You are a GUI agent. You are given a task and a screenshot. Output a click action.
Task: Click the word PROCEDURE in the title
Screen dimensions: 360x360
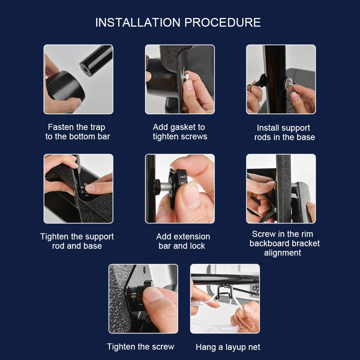(x=222, y=22)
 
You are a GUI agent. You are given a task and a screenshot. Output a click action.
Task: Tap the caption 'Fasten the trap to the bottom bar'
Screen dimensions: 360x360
(x=78, y=132)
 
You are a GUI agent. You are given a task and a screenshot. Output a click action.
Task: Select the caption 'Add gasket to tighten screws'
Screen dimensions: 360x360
(x=180, y=132)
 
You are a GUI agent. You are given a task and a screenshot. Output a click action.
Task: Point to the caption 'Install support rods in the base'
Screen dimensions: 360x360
(x=284, y=132)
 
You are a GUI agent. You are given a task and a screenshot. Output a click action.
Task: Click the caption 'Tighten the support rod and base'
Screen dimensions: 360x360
(x=77, y=241)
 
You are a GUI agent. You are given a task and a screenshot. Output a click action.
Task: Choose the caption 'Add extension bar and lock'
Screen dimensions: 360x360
(x=183, y=241)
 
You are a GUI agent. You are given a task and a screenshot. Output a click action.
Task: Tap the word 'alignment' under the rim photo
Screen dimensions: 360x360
(x=282, y=253)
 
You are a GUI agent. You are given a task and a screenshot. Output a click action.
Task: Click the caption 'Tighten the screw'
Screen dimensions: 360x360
(x=140, y=347)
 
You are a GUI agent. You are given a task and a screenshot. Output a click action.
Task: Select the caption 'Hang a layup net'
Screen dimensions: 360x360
(x=228, y=347)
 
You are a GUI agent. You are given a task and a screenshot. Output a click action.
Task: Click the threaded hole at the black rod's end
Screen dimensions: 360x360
(x=85, y=69)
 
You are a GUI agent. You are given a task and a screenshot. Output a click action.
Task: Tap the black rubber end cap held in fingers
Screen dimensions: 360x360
(x=65, y=85)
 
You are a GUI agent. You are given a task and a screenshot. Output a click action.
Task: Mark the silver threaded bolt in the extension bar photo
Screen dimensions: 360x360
(x=165, y=186)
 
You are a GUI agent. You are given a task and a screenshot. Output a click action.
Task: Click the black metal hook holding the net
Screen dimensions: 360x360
(x=224, y=291)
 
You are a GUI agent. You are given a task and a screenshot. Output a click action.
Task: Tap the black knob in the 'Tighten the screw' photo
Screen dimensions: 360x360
(x=143, y=293)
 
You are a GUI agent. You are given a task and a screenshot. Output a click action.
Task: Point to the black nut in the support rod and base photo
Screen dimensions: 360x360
(x=84, y=190)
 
